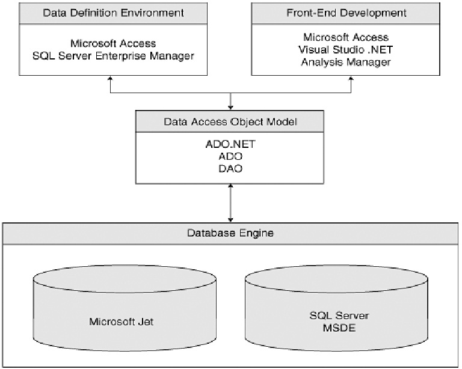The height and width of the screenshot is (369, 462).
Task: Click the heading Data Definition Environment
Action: tap(114, 13)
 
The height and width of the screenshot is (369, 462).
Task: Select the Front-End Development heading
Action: tap(346, 13)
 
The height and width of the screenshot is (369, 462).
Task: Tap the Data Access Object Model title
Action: tap(230, 122)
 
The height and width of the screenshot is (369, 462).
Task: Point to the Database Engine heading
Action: tap(230, 233)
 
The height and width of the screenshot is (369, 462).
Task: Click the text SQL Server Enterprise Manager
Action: tap(114, 56)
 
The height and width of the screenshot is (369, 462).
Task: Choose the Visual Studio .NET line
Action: tap(346, 50)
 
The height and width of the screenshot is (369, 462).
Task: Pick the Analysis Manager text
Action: tap(346, 62)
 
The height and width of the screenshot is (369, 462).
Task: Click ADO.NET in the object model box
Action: tap(230, 144)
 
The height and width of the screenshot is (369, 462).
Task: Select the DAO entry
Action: tap(230, 169)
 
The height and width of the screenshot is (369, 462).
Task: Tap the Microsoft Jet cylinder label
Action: tap(122, 322)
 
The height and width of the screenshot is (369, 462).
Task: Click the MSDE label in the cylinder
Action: tap(339, 328)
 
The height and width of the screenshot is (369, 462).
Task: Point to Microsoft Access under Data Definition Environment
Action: tap(113, 43)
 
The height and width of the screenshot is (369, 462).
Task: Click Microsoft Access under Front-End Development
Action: tap(346, 37)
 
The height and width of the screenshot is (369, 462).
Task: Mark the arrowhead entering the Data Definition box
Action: tap(110, 78)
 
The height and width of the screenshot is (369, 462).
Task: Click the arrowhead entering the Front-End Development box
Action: tap(351, 78)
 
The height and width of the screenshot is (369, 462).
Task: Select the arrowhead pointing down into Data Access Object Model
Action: tap(230, 108)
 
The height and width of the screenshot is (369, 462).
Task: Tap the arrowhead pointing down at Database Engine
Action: tap(230, 220)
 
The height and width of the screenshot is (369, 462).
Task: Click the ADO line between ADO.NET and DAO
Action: tap(230, 156)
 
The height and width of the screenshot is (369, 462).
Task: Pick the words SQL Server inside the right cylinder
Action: tap(339, 316)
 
